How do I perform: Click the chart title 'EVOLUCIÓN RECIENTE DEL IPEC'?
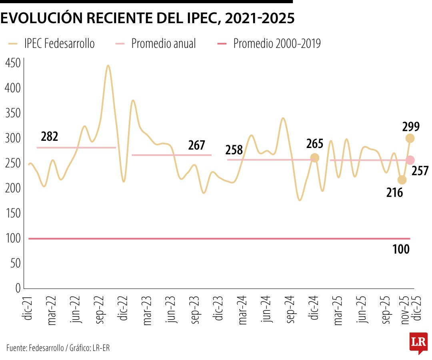click(x=148, y=18)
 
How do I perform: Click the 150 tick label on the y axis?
click(x=12, y=214)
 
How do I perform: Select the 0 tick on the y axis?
click(x=17, y=288)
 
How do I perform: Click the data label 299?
click(x=411, y=127)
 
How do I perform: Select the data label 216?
click(x=394, y=192)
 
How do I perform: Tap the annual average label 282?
click(x=50, y=137)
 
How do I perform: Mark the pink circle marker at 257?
click(x=410, y=160)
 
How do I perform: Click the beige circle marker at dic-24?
click(x=315, y=158)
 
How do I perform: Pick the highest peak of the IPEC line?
click(x=108, y=66)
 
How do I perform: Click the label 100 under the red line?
click(x=401, y=250)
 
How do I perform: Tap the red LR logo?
click(x=418, y=342)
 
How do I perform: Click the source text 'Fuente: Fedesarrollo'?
click(x=34, y=348)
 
